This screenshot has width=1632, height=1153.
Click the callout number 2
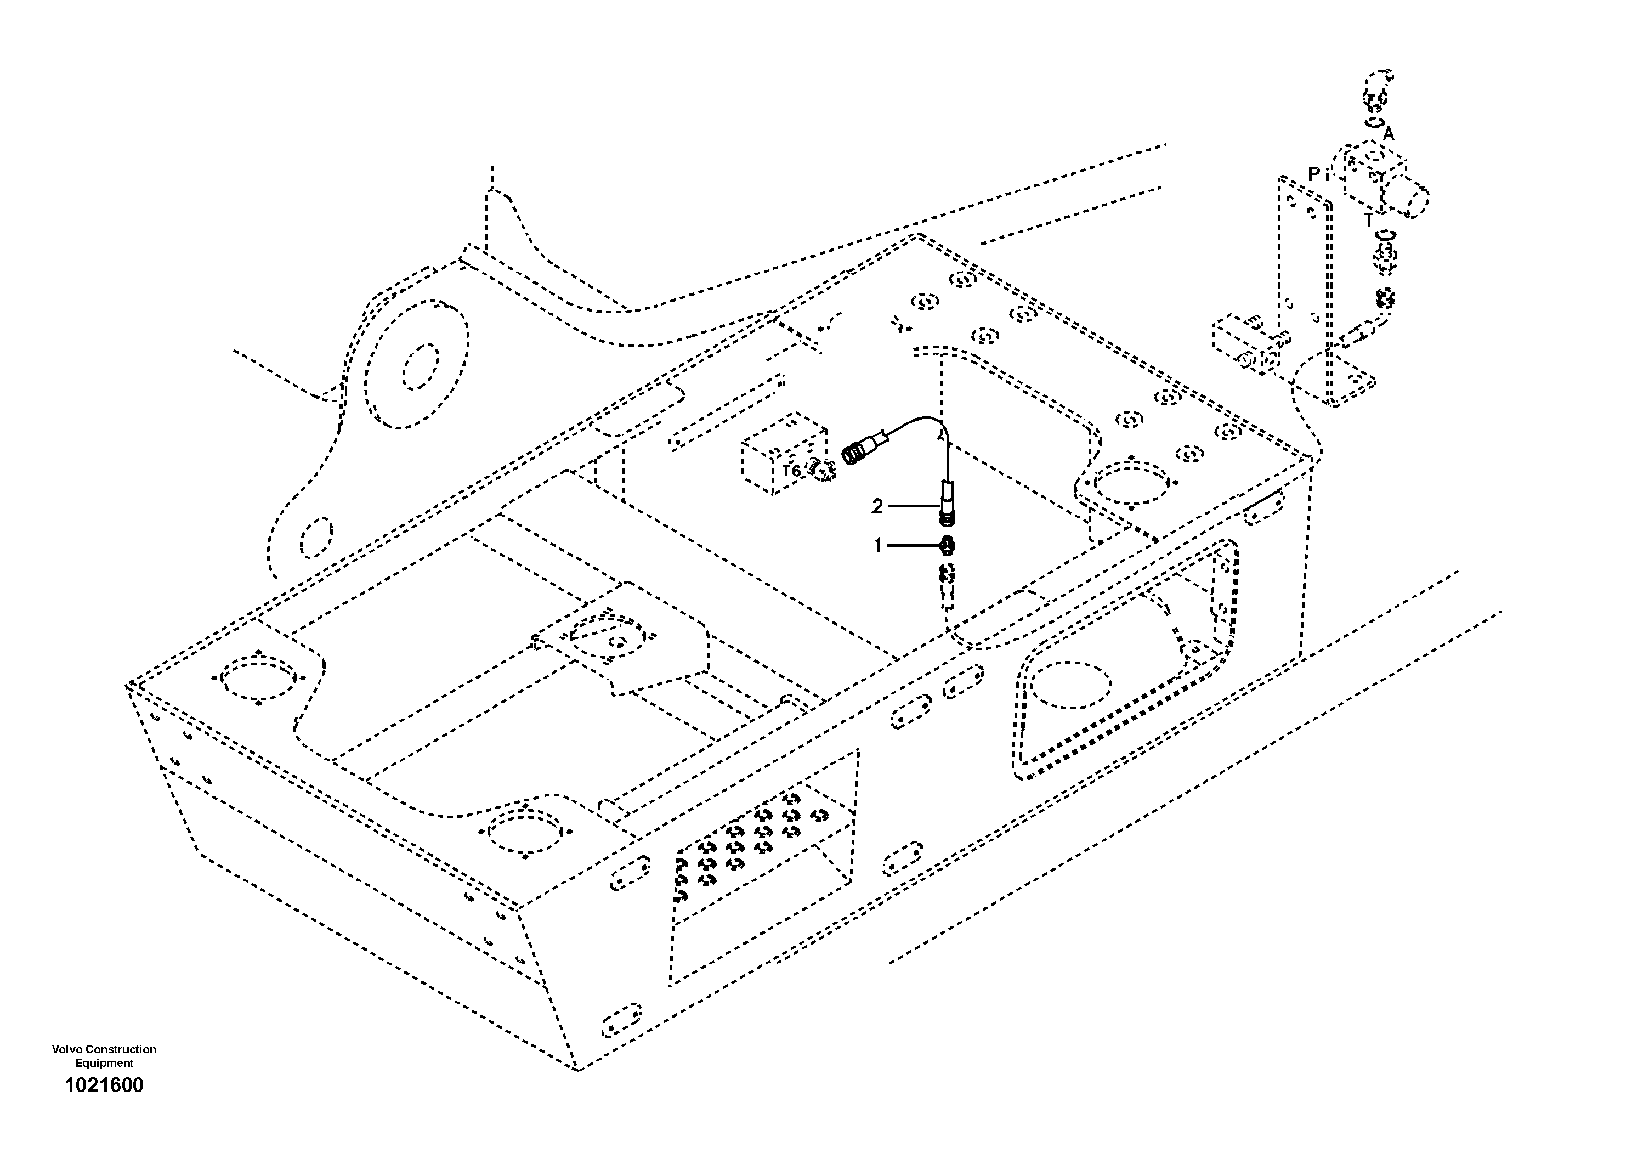[x=877, y=506]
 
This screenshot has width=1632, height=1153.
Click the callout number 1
[x=878, y=545]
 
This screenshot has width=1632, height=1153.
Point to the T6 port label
[x=791, y=471]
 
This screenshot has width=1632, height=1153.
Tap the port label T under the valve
[x=1368, y=221]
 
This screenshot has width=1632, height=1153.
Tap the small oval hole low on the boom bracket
[x=317, y=538]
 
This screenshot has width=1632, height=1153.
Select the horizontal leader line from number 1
[x=914, y=546]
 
